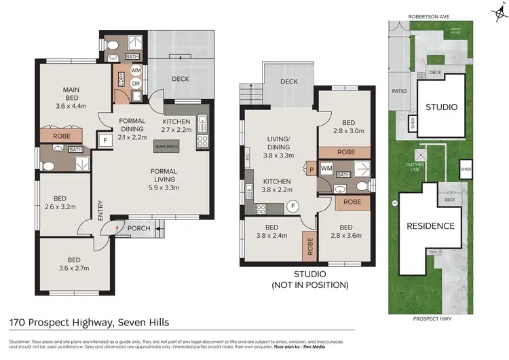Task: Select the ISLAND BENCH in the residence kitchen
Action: (x=166, y=146)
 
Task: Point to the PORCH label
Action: (x=139, y=229)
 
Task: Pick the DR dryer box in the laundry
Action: (x=136, y=84)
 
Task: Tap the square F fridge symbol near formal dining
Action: (x=105, y=141)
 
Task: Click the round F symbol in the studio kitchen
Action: (x=293, y=205)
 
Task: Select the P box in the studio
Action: (x=310, y=167)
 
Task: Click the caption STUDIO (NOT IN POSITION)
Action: (x=309, y=279)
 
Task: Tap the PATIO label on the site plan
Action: (x=398, y=90)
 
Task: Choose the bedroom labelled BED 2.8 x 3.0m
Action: (x=345, y=122)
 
